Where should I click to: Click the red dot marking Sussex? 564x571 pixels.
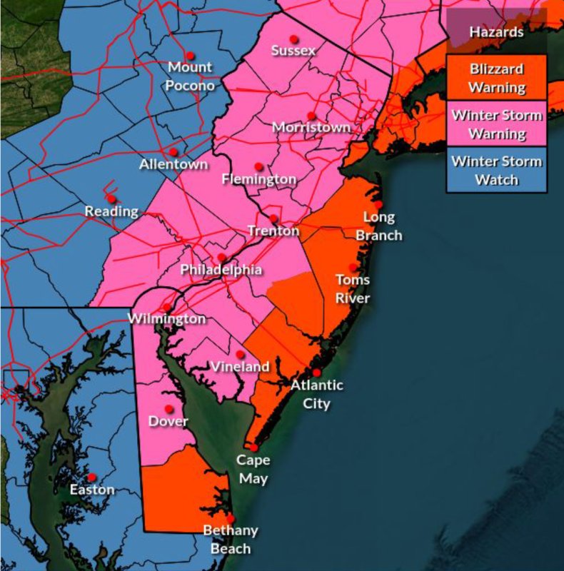293,39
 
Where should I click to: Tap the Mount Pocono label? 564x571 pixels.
191,76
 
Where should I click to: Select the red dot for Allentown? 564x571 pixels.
173,152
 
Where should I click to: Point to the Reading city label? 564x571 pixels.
111,211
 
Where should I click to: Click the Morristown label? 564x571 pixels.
311,128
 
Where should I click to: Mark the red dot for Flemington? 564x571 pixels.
258,167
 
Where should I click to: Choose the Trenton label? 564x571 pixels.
273,231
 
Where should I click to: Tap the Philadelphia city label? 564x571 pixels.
221,271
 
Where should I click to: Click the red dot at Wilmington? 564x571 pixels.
167,308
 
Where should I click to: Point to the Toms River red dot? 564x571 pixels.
353,267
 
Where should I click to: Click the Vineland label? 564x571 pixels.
241,367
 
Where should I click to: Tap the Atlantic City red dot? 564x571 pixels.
316,372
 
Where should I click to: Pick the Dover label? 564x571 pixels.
168,421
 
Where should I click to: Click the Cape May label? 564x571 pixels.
253,469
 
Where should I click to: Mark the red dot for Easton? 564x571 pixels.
91,477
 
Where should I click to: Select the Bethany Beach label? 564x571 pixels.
231,540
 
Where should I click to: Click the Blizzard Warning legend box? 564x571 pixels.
497,79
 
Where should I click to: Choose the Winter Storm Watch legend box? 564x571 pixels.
497,170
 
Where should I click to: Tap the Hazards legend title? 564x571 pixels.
496,32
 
